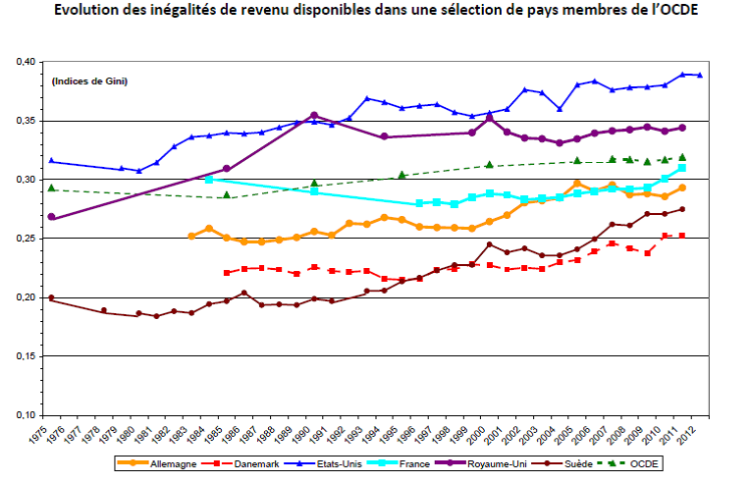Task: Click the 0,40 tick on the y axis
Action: (27, 62)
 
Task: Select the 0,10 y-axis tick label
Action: (27, 415)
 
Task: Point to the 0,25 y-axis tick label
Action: (27, 239)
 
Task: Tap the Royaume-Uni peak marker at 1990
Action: (314, 115)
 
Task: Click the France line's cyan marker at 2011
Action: (681, 168)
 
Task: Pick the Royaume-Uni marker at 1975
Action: (51, 217)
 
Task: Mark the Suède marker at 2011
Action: (681, 209)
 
